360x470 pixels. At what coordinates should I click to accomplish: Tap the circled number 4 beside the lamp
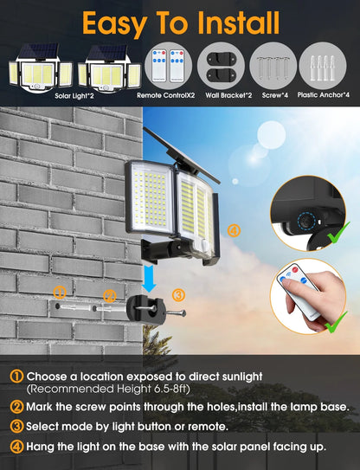click(233, 230)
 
